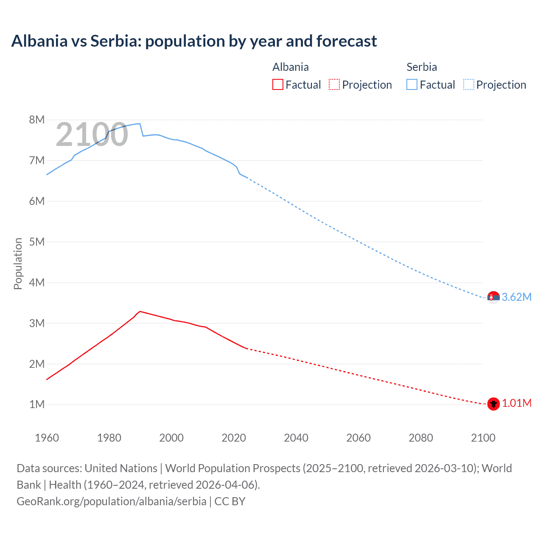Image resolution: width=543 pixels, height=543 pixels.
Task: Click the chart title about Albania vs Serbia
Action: click(x=194, y=41)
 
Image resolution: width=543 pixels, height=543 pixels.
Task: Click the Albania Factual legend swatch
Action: click(x=277, y=84)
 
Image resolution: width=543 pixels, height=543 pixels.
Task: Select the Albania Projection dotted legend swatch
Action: click(x=334, y=84)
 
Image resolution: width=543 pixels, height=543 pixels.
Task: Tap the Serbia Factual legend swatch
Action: click(x=411, y=84)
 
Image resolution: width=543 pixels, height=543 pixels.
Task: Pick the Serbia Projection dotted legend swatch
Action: click(x=468, y=84)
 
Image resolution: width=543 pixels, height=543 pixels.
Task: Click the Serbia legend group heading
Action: click(x=421, y=67)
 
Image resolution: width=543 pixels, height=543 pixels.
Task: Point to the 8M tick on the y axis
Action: click(x=37, y=120)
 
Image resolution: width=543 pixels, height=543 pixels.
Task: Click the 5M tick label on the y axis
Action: click(x=37, y=242)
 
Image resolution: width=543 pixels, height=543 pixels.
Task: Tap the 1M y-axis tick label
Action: click(x=37, y=404)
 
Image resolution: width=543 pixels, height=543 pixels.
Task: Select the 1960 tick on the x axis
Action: click(x=47, y=438)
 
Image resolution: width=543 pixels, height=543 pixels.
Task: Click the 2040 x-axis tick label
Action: click(x=296, y=438)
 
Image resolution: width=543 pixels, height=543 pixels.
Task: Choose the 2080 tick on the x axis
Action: click(x=421, y=438)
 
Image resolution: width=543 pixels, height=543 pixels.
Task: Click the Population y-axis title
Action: click(x=18, y=263)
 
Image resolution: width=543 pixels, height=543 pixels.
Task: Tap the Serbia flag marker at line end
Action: click(x=493, y=297)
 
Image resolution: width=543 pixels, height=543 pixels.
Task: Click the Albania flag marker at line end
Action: click(x=493, y=404)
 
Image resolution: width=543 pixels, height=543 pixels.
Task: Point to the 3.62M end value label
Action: click(x=516, y=297)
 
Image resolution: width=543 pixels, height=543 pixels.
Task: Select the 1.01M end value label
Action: click(x=516, y=403)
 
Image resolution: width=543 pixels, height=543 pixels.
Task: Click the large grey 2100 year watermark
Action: click(x=92, y=134)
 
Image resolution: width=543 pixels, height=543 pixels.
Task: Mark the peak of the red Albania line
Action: click(x=140, y=311)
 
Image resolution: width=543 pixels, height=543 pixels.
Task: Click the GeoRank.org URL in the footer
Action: click(x=112, y=501)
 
